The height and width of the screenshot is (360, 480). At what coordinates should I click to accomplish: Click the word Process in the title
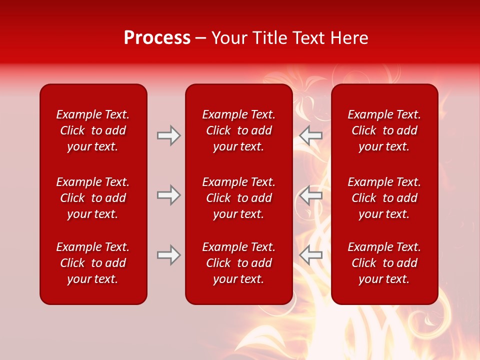pyautogui.click(x=157, y=38)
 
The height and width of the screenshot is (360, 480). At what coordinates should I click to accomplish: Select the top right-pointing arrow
pyautogui.click(x=168, y=135)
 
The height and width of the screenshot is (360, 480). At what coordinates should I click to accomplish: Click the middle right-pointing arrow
pyautogui.click(x=168, y=195)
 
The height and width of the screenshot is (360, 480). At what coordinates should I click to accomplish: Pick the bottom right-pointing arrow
pyautogui.click(x=168, y=255)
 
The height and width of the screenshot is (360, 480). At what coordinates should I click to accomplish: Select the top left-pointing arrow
pyautogui.click(x=311, y=135)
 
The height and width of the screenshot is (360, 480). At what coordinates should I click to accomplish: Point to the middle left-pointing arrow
pyautogui.click(x=311, y=195)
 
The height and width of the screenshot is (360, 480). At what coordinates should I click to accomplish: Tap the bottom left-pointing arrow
pyautogui.click(x=311, y=255)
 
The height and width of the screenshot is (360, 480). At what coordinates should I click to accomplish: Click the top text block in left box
pyautogui.click(x=93, y=130)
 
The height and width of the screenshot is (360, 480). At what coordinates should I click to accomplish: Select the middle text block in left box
pyautogui.click(x=93, y=198)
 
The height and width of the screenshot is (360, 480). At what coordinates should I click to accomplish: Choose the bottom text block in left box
pyautogui.click(x=93, y=263)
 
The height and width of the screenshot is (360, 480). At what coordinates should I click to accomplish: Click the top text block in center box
pyautogui.click(x=239, y=130)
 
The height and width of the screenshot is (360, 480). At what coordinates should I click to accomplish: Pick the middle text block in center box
pyautogui.click(x=239, y=198)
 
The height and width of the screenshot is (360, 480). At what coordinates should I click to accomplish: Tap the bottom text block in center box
pyautogui.click(x=239, y=263)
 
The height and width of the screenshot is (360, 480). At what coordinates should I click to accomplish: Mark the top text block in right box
pyautogui.click(x=384, y=130)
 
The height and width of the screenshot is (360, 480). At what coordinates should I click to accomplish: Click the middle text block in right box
pyautogui.click(x=384, y=198)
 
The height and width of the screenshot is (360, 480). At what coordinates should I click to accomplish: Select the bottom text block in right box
pyautogui.click(x=384, y=263)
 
